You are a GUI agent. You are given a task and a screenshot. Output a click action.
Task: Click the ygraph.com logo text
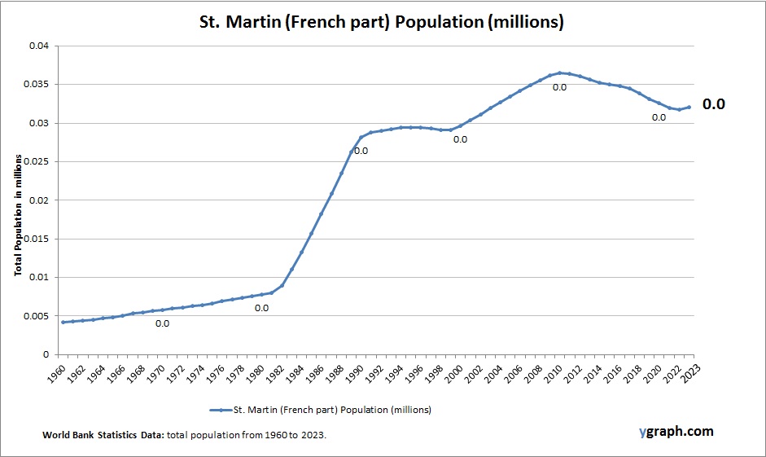[676, 431]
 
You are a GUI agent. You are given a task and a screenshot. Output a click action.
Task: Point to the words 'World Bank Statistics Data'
[103, 436]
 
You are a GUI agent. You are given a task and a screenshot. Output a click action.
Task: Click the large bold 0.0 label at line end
[713, 104]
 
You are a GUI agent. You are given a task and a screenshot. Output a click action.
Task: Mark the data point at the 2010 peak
[559, 73]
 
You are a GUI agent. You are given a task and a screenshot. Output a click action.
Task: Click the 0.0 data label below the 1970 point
[162, 323]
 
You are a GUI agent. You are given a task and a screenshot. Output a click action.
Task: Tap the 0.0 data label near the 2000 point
[460, 139]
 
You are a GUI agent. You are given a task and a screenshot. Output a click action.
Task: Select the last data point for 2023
[689, 107]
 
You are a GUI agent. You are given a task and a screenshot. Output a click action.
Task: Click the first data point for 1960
[63, 322]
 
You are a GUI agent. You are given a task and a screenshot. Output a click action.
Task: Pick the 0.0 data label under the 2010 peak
[559, 87]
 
